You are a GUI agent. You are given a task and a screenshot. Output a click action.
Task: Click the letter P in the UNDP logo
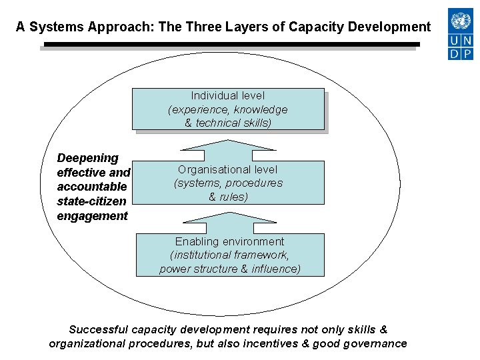tap(468, 53)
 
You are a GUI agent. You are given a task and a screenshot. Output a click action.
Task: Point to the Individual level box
tap(227, 109)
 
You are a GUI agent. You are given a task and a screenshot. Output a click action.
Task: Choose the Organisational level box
tap(229, 182)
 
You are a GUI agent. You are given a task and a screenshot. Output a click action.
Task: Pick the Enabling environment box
tap(229, 255)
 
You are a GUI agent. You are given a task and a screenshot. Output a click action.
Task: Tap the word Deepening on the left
tap(87, 158)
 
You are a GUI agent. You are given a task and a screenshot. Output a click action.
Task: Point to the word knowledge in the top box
tap(260, 109)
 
